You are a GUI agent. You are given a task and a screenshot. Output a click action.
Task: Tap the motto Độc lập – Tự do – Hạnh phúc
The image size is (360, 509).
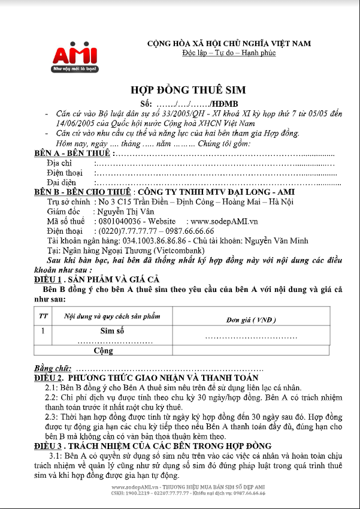229,54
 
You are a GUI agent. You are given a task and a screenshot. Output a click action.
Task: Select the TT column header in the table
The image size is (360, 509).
44,315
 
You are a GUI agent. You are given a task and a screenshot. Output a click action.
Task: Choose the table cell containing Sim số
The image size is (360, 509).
112,330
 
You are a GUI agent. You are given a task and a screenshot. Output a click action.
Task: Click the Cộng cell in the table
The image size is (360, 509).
104,350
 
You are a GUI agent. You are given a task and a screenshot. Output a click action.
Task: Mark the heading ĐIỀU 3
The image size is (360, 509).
56,446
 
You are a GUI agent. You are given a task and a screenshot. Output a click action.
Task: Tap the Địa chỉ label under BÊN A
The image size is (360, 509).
59,163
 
